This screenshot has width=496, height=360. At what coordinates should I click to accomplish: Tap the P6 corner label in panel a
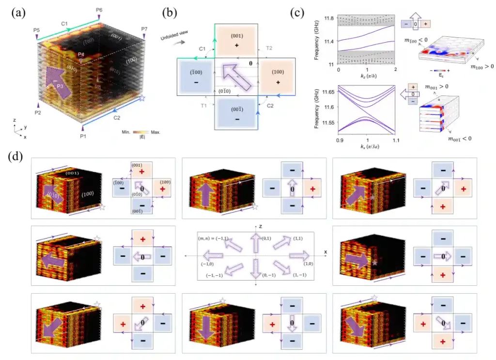coord(99,10)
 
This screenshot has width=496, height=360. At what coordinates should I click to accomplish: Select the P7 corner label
coord(144,29)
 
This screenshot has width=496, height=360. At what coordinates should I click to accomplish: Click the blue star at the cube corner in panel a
coord(142,98)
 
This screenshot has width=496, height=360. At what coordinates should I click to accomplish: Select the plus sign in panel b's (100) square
coord(278,83)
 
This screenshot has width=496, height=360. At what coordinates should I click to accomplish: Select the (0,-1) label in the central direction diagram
coord(268,275)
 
